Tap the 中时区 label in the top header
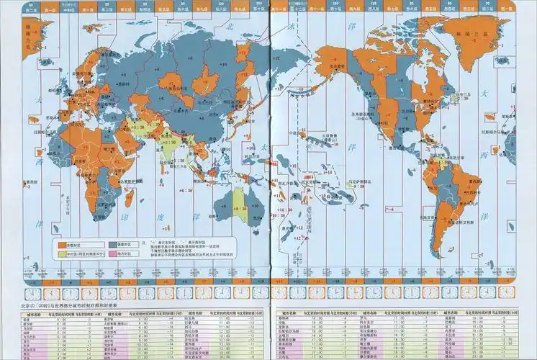[x=67, y=9]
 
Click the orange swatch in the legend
[x=60, y=244]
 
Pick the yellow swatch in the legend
[x=60, y=253]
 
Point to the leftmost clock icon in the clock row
[x=33, y=294]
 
